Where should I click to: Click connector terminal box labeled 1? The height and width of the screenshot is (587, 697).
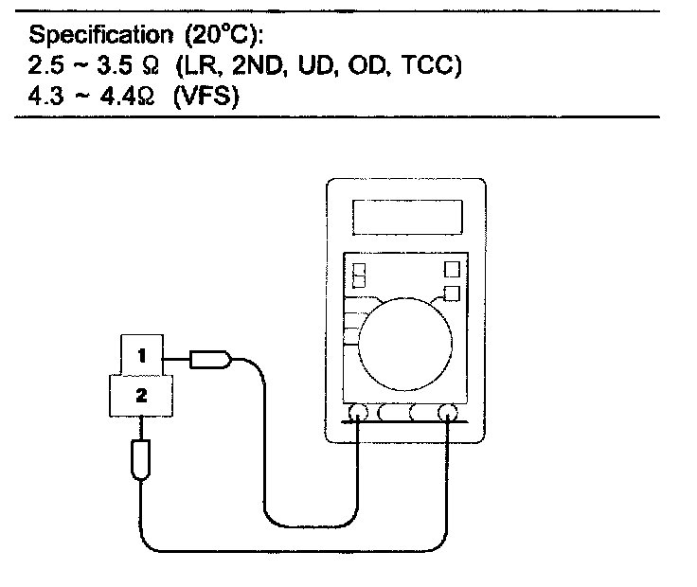coord(142,355)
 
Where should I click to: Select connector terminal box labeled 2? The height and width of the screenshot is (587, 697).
coord(142,396)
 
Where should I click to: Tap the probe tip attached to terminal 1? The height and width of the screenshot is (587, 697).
coord(211,359)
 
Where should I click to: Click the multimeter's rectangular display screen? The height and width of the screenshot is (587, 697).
coord(407,217)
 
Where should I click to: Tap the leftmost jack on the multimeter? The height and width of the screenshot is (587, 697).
coord(359,413)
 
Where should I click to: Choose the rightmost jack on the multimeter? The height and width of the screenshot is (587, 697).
coord(448,413)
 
